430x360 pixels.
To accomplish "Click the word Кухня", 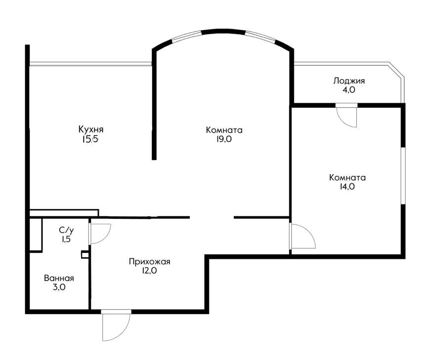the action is pyautogui.click(x=91, y=129).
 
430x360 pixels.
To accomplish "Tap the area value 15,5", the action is pyautogui.click(x=89, y=139).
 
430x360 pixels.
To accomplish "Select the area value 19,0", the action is pyautogui.click(x=224, y=139).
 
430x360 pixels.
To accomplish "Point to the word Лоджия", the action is pyautogui.click(x=349, y=81).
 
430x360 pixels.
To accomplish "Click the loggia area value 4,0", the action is pyautogui.click(x=348, y=90).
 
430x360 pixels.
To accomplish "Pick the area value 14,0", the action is pyautogui.click(x=347, y=187).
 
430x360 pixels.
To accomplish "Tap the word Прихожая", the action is pyautogui.click(x=149, y=262).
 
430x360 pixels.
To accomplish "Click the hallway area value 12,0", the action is pyautogui.click(x=149, y=271).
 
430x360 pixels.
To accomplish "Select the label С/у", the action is pyautogui.click(x=66, y=231).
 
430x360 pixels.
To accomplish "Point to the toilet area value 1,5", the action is pyautogui.click(x=66, y=239).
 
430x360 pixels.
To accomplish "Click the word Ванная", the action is pyautogui.click(x=59, y=279).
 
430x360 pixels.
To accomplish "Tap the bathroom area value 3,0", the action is pyautogui.click(x=59, y=287).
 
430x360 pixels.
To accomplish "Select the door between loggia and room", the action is pyautogui.click(x=347, y=115).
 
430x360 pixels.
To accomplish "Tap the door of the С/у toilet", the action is pyautogui.click(x=100, y=234).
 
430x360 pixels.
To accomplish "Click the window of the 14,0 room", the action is pyautogui.click(x=403, y=176).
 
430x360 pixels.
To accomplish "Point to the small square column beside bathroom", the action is pyautogui.click(x=85, y=255).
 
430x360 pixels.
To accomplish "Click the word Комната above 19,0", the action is pyautogui.click(x=224, y=130).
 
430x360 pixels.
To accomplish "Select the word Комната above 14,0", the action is pyautogui.click(x=347, y=178).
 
